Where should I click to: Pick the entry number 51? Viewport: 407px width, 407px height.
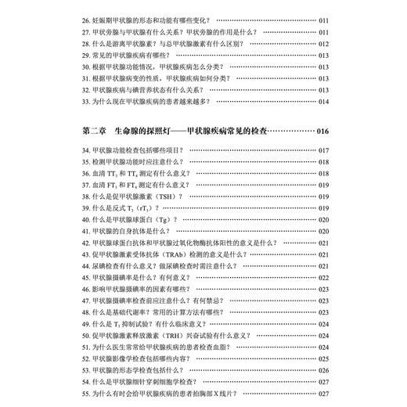click(85, 346)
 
